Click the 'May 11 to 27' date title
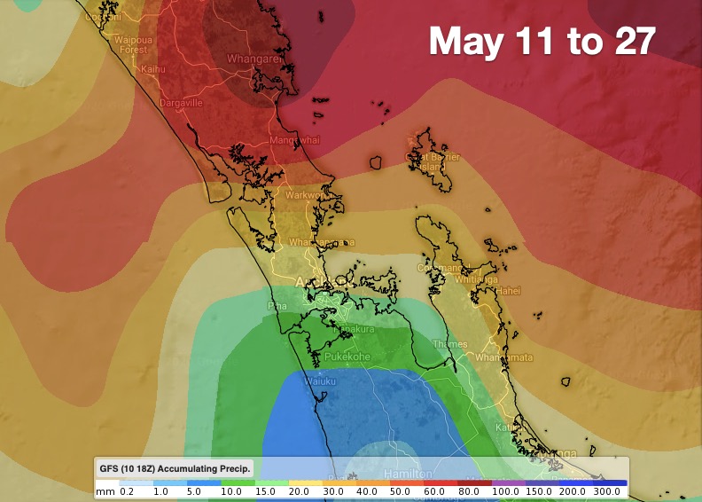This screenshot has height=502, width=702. point(542,40)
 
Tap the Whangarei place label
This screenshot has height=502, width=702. point(256,59)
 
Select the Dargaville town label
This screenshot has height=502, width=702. point(181,103)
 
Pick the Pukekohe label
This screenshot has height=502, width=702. point(346,357)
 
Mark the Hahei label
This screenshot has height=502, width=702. point(508,290)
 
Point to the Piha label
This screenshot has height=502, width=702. point(277,306)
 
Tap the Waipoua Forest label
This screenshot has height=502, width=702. point(130,44)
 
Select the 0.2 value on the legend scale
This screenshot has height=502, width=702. point(127,490)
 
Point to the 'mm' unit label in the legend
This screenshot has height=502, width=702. point(105,490)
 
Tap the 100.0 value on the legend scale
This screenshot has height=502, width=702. point(505,490)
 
